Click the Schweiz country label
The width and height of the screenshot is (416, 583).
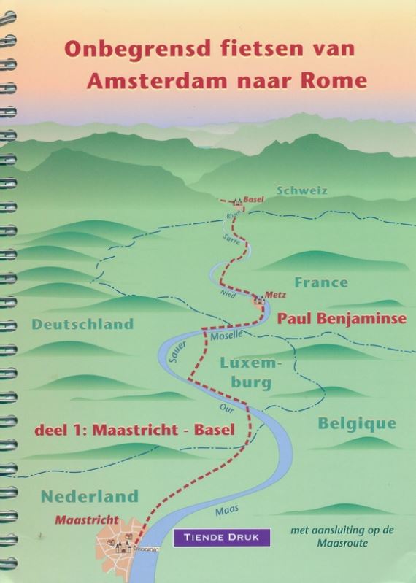tap(301, 190)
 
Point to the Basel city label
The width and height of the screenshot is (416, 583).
tap(253, 198)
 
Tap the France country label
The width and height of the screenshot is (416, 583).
tap(321, 282)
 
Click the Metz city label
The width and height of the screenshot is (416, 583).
tap(276, 294)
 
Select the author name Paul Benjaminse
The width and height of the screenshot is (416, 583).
tap(342, 318)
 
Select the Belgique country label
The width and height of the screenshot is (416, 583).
tap(357, 424)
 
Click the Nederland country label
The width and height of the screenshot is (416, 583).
tap(89, 496)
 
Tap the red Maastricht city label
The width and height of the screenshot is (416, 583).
tap(87, 520)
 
